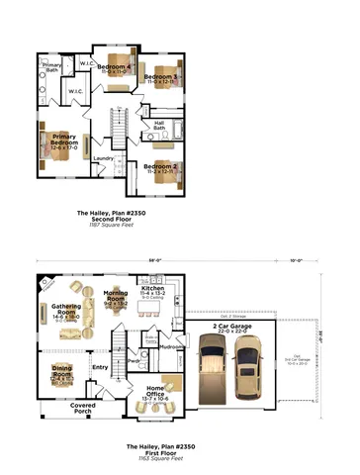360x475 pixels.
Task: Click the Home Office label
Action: coord(156,389)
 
